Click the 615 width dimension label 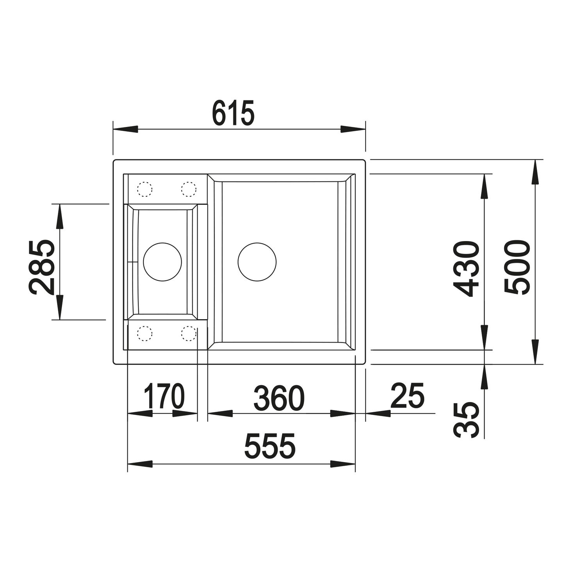pyautogui.click(x=233, y=113)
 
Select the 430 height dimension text pyautogui.click(x=466, y=269)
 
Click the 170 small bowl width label pyautogui.click(x=164, y=396)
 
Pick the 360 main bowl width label pyautogui.click(x=279, y=398)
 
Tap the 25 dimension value pyautogui.click(x=407, y=395)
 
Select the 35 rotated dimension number pyautogui.click(x=467, y=420)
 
